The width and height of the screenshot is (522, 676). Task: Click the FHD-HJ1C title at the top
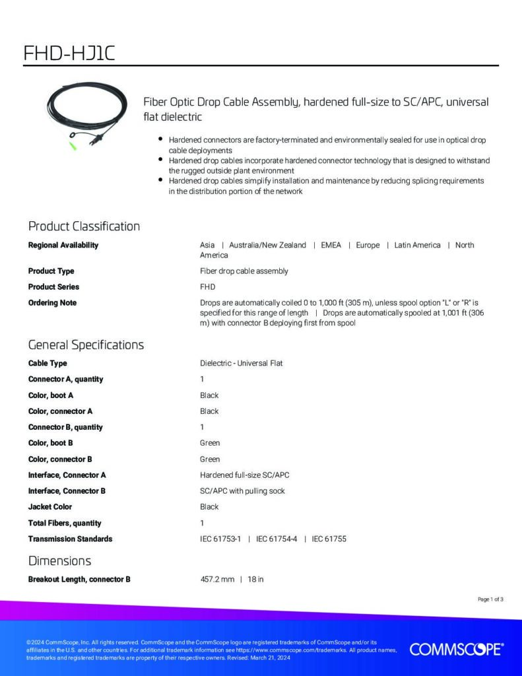click(69, 53)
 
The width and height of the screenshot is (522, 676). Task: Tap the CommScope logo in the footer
click(457, 650)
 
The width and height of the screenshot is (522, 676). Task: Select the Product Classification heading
click(84, 226)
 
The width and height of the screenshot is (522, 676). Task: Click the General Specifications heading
click(86, 345)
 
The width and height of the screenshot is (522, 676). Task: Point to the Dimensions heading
click(59, 561)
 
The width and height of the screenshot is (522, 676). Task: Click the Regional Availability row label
click(63, 245)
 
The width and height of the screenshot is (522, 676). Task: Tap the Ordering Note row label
click(52, 302)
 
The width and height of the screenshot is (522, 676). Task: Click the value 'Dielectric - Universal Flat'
click(241, 363)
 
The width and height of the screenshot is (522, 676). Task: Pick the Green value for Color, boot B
click(210, 443)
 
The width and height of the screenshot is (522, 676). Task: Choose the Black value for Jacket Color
click(209, 507)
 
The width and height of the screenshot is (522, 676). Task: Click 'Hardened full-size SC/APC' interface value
click(245, 475)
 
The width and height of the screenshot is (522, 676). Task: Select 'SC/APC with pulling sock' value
click(242, 490)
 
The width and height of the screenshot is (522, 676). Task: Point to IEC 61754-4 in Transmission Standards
click(277, 539)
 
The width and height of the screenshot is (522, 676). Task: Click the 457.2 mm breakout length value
click(217, 580)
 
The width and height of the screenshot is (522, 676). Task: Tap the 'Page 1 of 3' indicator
click(490, 599)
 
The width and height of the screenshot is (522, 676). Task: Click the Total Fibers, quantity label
click(65, 523)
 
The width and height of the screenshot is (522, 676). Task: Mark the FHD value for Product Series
click(207, 287)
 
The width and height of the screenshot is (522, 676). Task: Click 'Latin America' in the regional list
click(417, 245)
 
